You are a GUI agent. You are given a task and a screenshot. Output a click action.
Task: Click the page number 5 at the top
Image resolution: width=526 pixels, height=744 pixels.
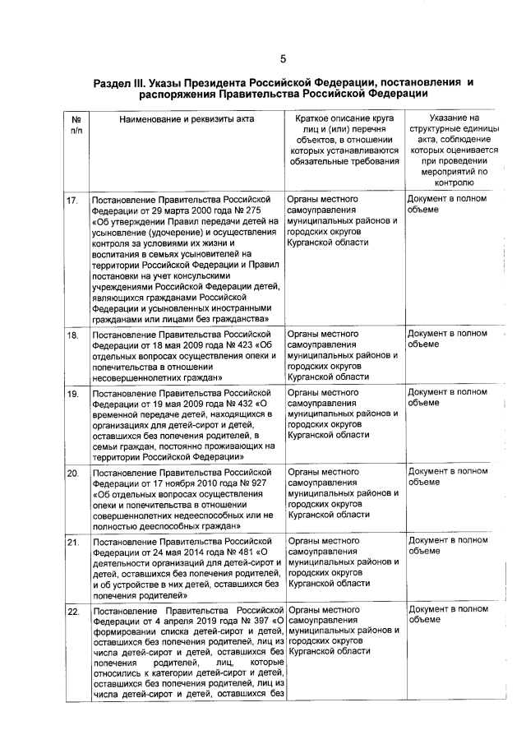[x=282, y=58]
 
